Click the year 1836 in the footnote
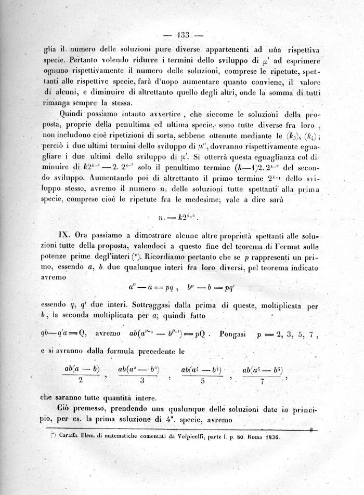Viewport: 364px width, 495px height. click(269, 437)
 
